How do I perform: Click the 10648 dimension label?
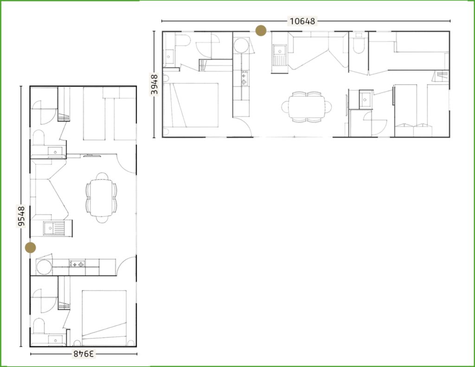pos(302,21)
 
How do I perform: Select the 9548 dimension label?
pos(21,216)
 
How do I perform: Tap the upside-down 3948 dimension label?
pos(84,354)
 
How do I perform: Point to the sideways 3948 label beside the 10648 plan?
pos(154,84)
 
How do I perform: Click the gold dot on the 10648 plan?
pos(261,30)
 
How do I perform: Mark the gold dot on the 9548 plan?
pos(30,247)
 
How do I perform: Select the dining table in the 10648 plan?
pos(307,107)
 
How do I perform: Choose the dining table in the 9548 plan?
pos(102,198)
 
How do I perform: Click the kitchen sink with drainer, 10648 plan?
pos(279,55)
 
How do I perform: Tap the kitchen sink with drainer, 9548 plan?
pos(54,228)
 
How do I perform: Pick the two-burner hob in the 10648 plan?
pos(244,78)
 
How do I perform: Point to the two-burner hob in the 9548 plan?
pos(77,264)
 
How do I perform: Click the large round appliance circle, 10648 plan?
pos(241,45)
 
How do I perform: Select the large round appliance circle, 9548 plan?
pos(44,267)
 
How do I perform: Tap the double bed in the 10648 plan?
pos(191,105)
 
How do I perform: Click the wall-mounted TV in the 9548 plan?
pos(92,156)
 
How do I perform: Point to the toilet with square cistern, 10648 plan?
pos(359,43)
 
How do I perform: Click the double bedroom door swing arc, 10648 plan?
pos(246,123)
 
